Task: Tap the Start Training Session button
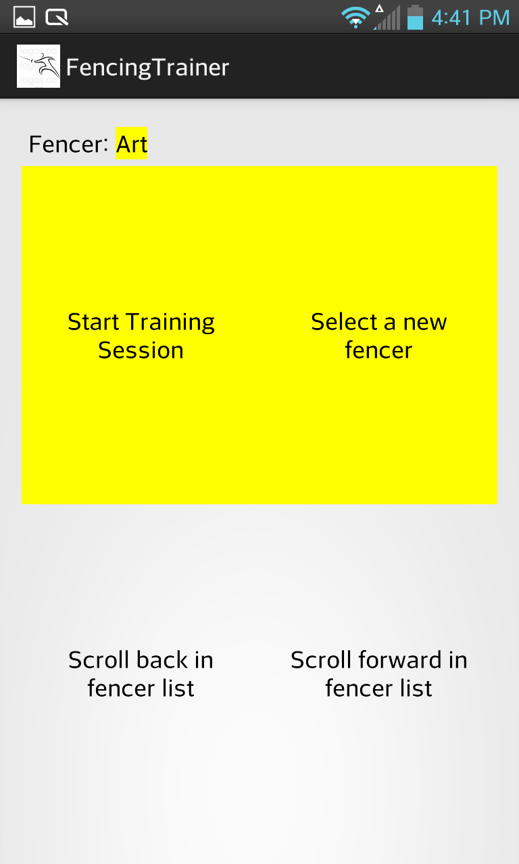pos(141,335)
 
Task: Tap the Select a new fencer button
pos(378,335)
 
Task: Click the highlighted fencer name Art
pos(132,144)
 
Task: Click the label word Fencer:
pos(68,144)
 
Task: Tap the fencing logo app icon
pos(39,66)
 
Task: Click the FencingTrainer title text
pos(147,67)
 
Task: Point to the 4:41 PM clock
pos(470,18)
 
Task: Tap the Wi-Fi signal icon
pos(355,18)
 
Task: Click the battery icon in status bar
pos(415,17)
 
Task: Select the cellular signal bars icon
pos(387,18)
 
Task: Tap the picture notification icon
pos(24,17)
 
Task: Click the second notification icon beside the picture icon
pos(57,18)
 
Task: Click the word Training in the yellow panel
pos(170,322)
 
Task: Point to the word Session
pos(141,350)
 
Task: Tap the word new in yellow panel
pos(425,323)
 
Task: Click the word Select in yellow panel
pos(344,322)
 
